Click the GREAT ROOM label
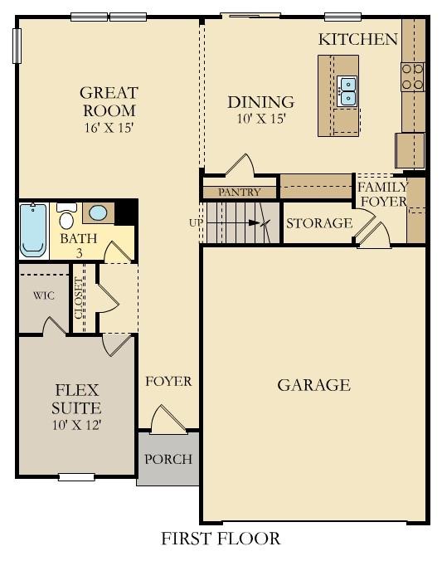[109, 101]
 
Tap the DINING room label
[261, 102]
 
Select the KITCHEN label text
[358, 39]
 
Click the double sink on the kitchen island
[347, 90]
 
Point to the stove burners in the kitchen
[412, 77]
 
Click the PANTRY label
[240, 193]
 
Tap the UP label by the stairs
[194, 222]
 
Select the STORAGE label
[318, 223]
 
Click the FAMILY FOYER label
[382, 194]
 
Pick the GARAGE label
[313, 385]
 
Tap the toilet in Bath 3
[67, 217]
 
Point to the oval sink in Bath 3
[98, 213]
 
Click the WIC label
[44, 295]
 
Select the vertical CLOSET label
[80, 295]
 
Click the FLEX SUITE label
[77, 398]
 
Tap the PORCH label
[168, 459]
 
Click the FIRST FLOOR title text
[221, 539]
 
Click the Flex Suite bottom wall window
[76, 476]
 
